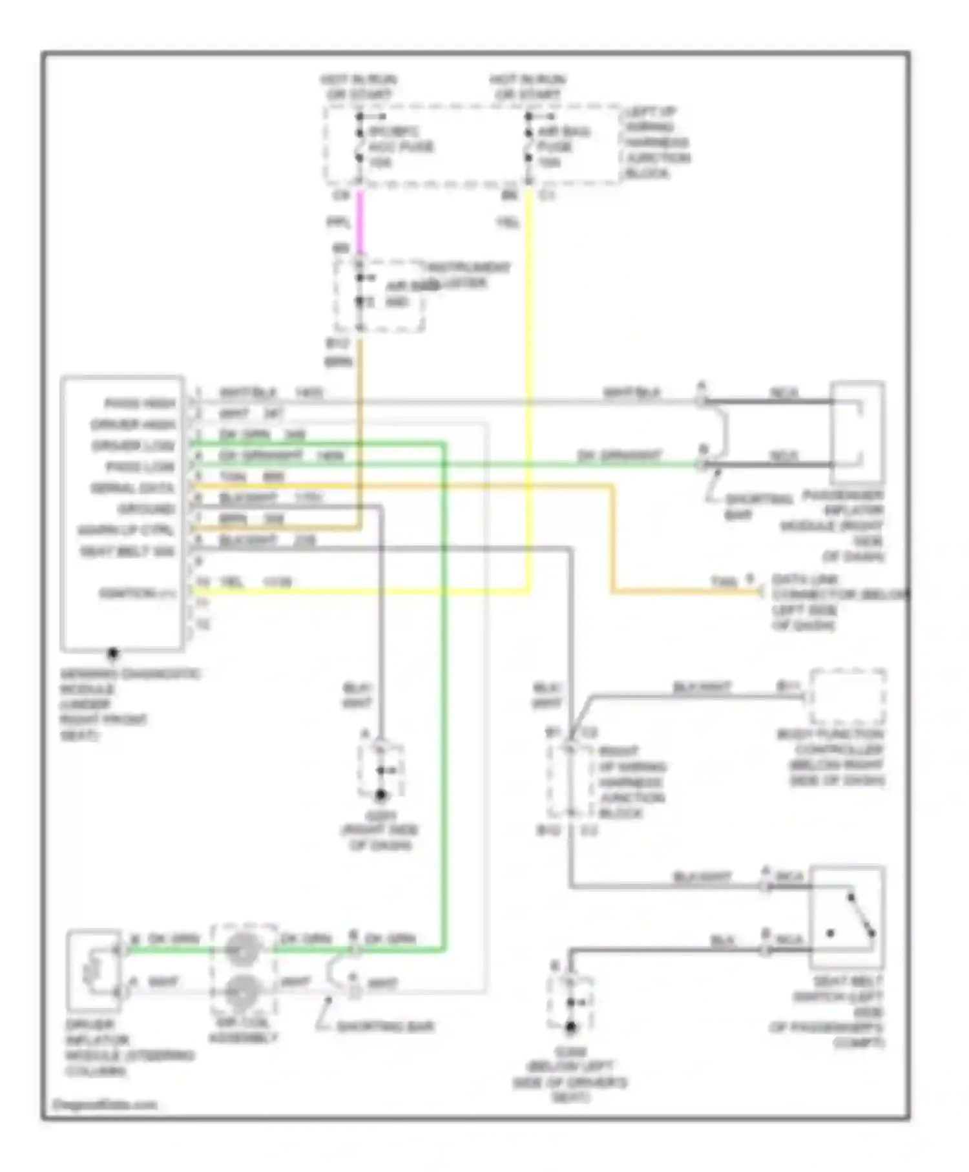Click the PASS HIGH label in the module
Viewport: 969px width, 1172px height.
coord(140,404)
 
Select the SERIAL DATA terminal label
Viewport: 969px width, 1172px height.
coord(132,488)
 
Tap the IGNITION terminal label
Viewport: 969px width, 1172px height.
coord(138,594)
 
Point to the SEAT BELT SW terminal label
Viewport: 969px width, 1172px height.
coord(127,552)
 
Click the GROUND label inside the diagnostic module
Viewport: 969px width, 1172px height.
coord(147,509)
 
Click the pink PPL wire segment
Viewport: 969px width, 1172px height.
coord(360,223)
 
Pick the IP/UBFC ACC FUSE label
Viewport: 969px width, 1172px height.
coord(401,147)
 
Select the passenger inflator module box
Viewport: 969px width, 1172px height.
coord(857,433)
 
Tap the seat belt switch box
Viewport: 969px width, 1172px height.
coord(847,918)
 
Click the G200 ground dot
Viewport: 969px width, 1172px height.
coord(571,1027)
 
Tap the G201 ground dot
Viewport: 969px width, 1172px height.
coord(380,795)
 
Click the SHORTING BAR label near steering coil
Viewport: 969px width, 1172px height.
coord(385,1027)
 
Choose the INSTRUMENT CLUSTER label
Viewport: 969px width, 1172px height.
coord(465,275)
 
